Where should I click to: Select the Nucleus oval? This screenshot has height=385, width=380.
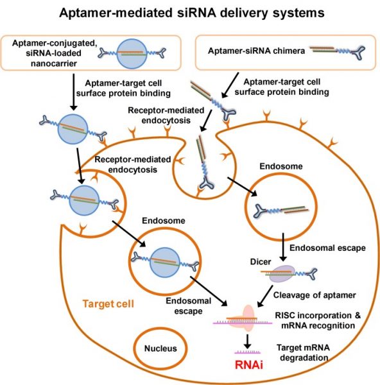coord(155,349)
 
